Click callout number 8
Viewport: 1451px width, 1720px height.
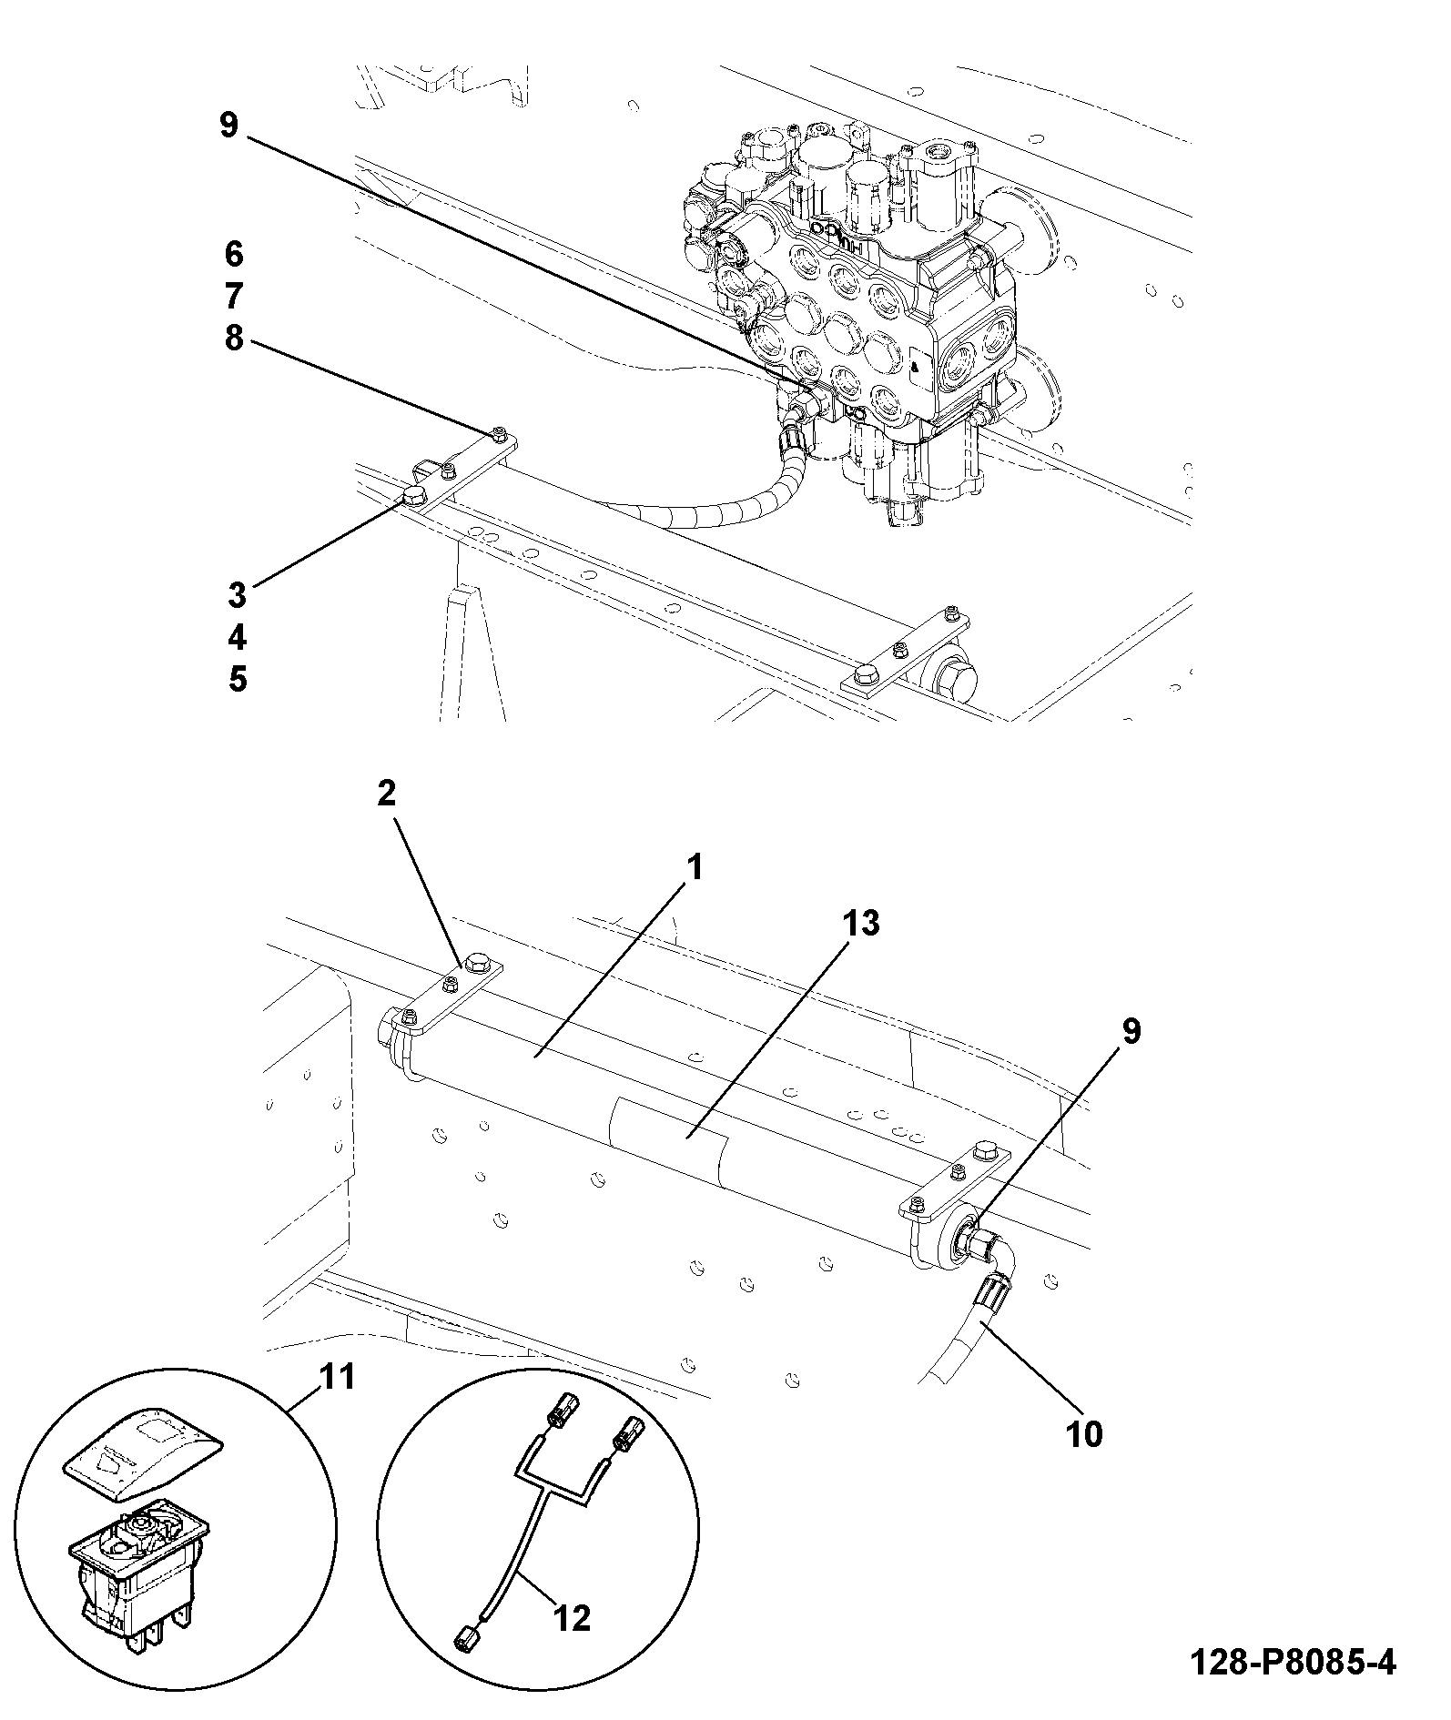234,339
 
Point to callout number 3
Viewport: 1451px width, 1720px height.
237,594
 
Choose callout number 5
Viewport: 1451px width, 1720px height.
237,679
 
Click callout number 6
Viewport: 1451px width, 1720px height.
234,254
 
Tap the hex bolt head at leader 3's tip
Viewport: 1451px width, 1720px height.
415,496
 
